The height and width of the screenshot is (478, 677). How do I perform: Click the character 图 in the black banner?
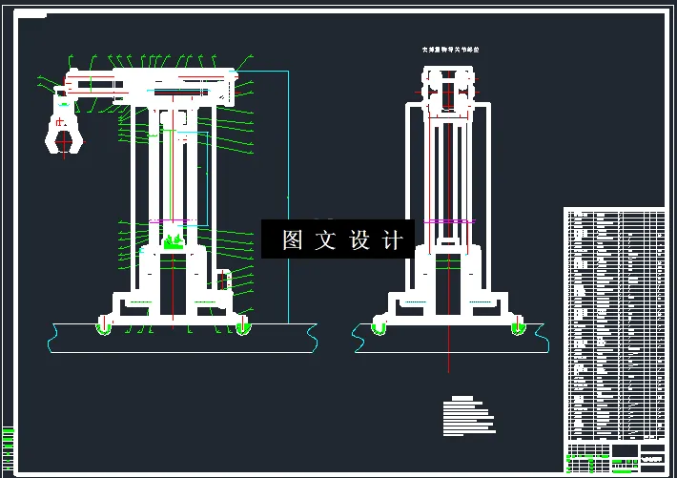click(x=292, y=240)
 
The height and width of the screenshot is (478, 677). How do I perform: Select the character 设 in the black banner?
click(x=360, y=240)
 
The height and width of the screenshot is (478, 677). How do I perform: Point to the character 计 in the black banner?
click(x=393, y=240)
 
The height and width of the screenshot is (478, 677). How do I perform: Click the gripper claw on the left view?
click(x=64, y=133)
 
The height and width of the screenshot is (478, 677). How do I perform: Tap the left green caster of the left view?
click(x=103, y=327)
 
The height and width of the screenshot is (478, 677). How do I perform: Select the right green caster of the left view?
click(x=242, y=327)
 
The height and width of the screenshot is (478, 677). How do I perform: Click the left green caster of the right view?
click(x=380, y=327)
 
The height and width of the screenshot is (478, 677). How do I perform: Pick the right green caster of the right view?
click(x=518, y=327)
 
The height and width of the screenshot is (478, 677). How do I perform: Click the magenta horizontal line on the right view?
click(x=448, y=221)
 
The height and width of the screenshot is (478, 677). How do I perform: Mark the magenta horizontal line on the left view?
click(x=172, y=221)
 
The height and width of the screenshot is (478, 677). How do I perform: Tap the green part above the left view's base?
click(x=173, y=241)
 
